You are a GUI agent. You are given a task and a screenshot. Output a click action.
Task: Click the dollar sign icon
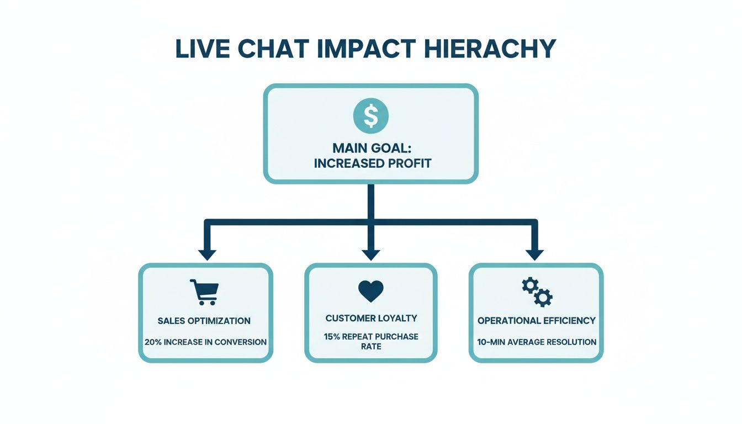pyautogui.click(x=370, y=116)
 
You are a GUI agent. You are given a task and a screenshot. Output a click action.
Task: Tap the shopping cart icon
pyautogui.click(x=204, y=292)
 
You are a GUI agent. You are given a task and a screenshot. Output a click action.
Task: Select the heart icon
pyautogui.click(x=370, y=291)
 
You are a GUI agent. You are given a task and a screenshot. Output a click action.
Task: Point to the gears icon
pyautogui.click(x=537, y=292)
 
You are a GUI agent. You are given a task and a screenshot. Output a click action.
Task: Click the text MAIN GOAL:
pyautogui.click(x=370, y=149)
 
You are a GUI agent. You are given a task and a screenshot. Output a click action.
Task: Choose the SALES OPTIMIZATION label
pyautogui.click(x=204, y=321)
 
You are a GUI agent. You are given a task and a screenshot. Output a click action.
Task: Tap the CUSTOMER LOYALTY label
pyautogui.click(x=371, y=318)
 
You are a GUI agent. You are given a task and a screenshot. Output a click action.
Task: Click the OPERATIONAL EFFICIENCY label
pyautogui.click(x=537, y=320)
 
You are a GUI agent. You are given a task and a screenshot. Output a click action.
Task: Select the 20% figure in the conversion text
pyautogui.click(x=153, y=342)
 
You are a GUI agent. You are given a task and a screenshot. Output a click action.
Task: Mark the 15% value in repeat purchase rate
pyautogui.click(x=333, y=336)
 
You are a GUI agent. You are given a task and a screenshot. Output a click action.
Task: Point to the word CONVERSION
pyautogui.click(x=241, y=342)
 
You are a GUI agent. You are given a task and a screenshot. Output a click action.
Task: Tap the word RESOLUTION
pyautogui.click(x=571, y=342)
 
